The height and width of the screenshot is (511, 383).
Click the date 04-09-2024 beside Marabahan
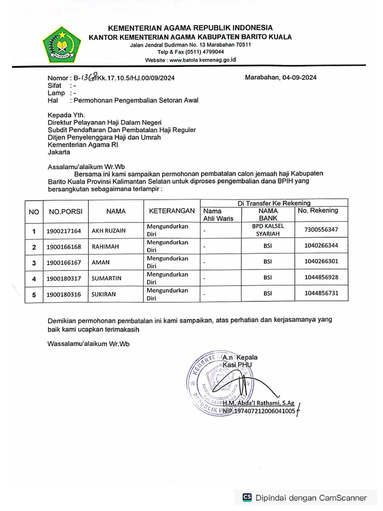[299, 77]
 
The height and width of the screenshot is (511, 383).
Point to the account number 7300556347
[321, 230]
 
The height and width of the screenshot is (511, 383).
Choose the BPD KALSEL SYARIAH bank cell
[268, 230]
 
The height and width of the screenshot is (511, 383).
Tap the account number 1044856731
[321, 293]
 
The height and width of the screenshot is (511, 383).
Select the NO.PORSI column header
[65, 212]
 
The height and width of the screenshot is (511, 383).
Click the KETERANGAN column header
[172, 211]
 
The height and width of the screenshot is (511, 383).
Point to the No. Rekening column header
[318, 210]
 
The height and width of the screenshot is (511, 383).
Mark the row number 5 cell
[34, 294]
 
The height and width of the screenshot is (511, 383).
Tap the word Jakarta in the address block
[59, 152]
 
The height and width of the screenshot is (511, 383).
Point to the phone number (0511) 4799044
[205, 52]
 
